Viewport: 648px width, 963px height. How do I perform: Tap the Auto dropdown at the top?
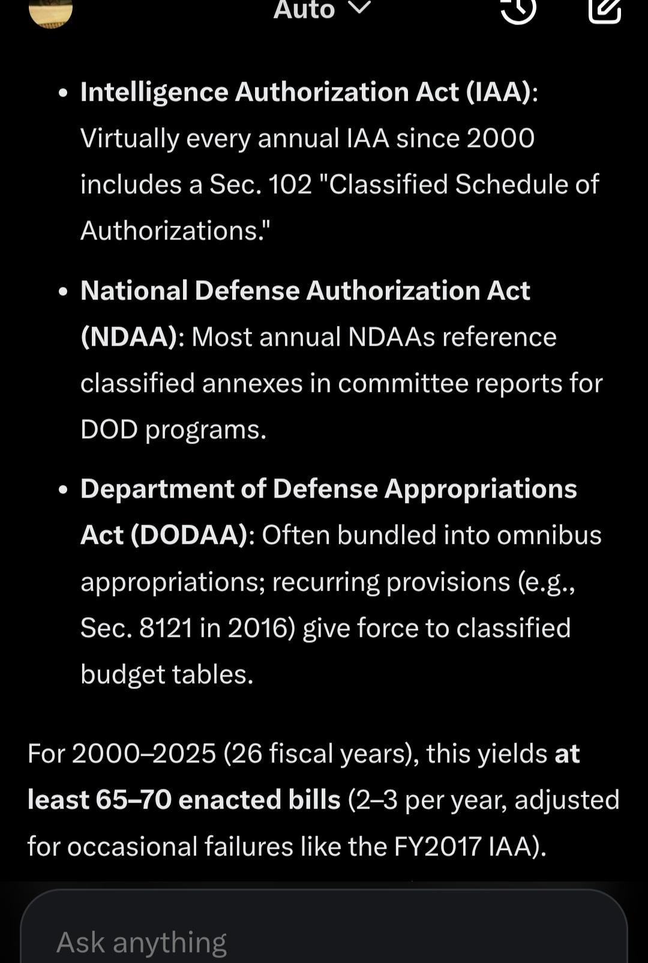[322, 10]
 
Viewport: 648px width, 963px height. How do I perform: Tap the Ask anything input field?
[324, 941]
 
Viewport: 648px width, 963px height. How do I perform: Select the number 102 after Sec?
[290, 184]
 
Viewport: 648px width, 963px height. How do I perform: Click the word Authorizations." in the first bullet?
[175, 231]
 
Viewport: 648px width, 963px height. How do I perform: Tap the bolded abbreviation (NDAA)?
[129, 337]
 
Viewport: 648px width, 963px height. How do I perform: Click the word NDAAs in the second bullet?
[391, 337]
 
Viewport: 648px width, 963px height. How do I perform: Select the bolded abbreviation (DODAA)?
[191, 535]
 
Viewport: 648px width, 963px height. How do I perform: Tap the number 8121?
[166, 628]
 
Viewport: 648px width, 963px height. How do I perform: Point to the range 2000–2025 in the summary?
[144, 753]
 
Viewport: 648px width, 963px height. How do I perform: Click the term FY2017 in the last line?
[437, 846]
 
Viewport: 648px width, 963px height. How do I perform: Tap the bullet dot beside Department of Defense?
[64, 490]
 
